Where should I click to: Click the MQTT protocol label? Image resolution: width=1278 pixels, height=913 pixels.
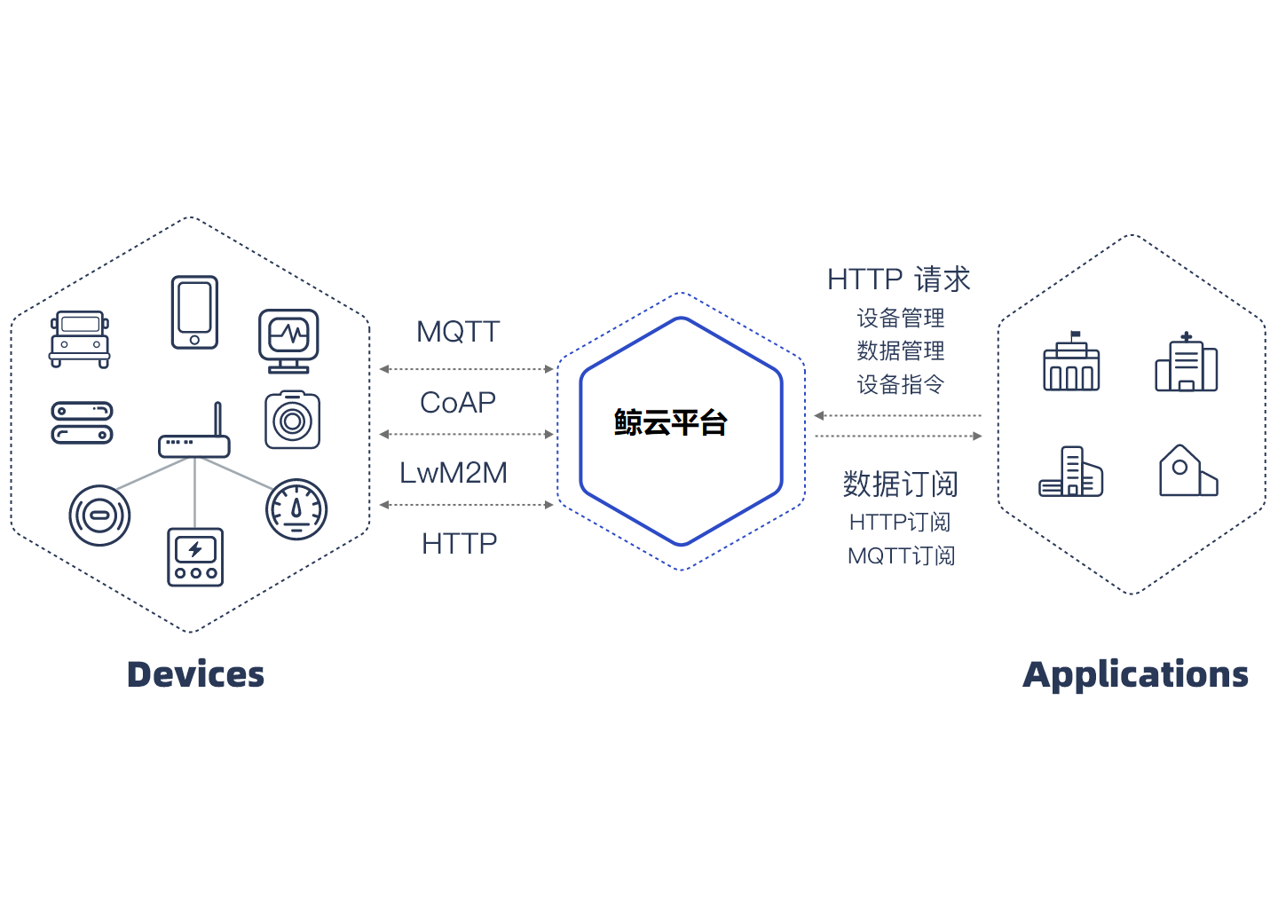click(x=458, y=332)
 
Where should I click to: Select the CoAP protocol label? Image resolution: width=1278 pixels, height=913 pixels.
click(x=458, y=403)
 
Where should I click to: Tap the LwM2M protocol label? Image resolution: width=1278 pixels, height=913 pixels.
click(x=454, y=473)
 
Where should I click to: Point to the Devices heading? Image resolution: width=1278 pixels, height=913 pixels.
click(x=195, y=674)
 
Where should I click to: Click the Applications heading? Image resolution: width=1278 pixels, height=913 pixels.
click(x=1135, y=674)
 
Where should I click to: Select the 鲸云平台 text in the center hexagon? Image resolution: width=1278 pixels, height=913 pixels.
click(x=670, y=423)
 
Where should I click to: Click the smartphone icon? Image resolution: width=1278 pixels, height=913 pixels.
click(x=194, y=312)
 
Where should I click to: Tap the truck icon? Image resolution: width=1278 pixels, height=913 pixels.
click(x=80, y=339)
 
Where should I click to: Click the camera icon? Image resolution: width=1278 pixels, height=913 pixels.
click(x=292, y=420)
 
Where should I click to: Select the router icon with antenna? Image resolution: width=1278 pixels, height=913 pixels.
click(x=195, y=435)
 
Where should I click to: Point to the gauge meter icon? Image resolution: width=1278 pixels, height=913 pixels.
click(x=296, y=509)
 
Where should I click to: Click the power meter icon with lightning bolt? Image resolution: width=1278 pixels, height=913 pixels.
click(x=195, y=557)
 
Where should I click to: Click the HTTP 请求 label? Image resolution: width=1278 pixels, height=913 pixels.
click(x=898, y=279)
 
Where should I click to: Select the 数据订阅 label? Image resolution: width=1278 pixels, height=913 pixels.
click(x=900, y=484)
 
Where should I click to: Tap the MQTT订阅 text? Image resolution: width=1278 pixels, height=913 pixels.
click(x=901, y=556)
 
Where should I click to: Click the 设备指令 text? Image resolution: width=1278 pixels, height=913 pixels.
click(x=900, y=384)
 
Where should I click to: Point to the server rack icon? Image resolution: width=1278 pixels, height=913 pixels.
click(x=82, y=423)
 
